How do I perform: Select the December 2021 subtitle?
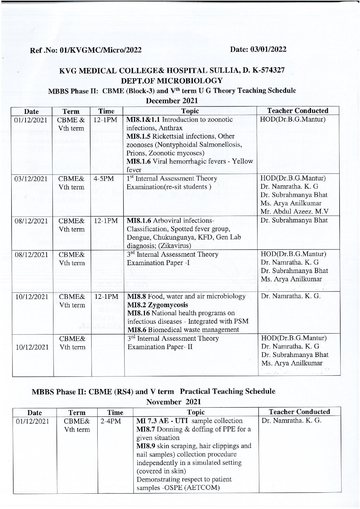172,101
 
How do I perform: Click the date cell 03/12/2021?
31,179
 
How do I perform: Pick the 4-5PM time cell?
101,179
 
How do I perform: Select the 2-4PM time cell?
107,421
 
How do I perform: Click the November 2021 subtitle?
173,402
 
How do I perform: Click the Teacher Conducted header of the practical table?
299,412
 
